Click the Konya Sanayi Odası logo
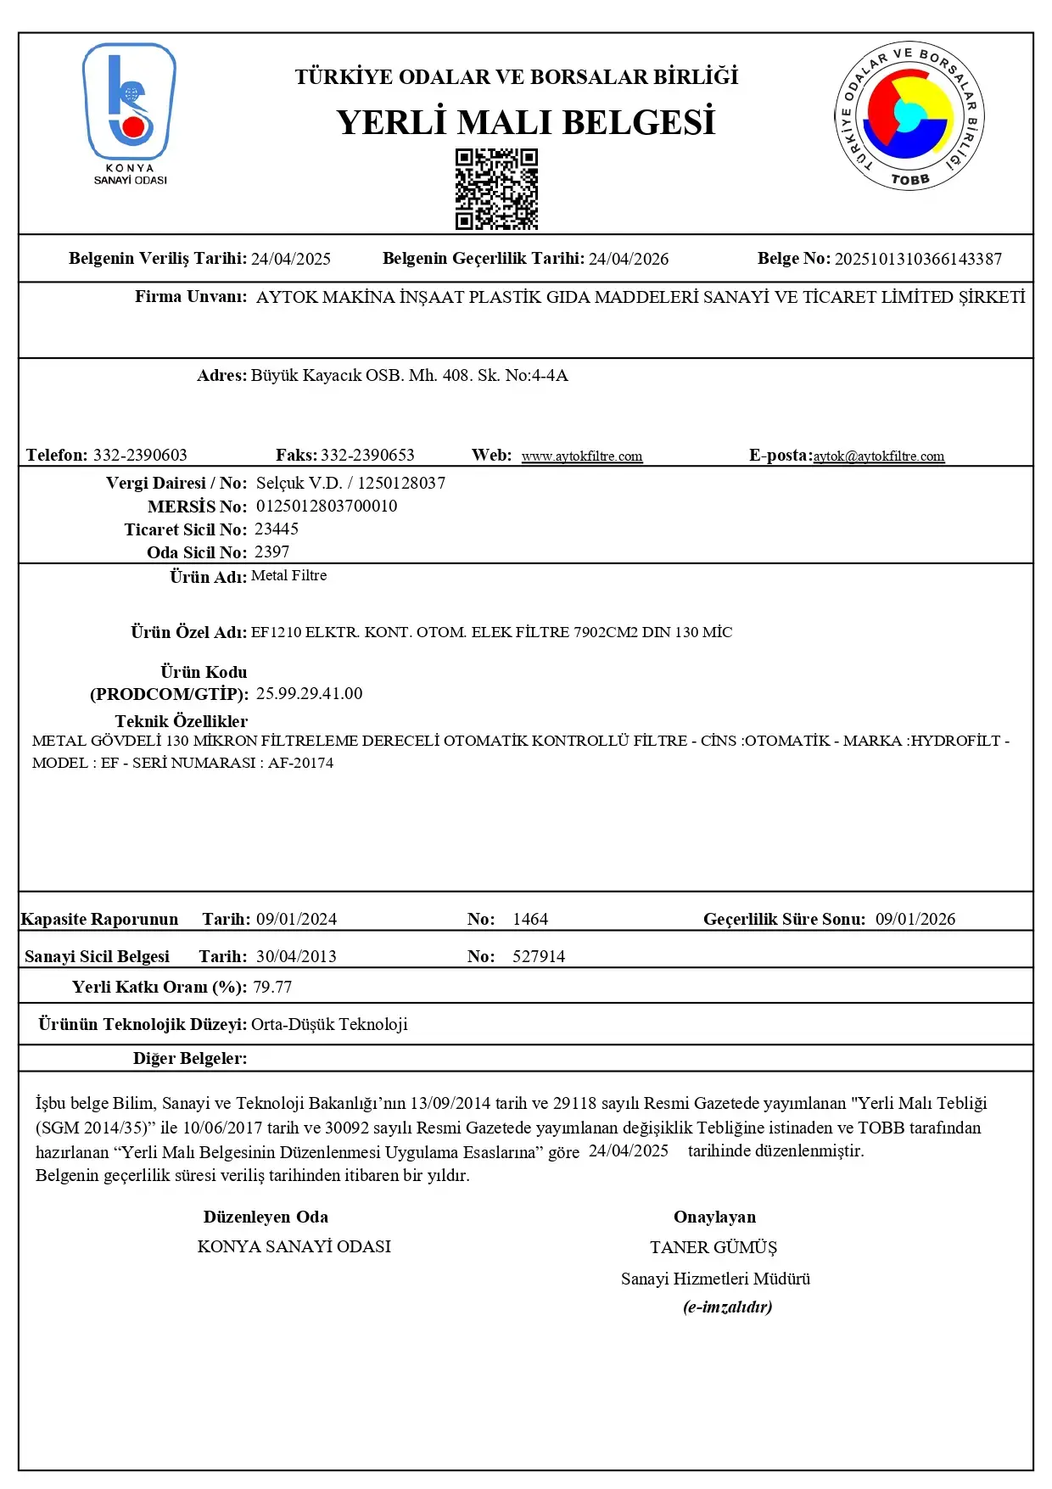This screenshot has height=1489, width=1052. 130,113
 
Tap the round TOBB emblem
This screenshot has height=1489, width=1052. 909,115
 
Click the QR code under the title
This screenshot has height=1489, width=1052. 496,189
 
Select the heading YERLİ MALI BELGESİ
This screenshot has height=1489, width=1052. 525,122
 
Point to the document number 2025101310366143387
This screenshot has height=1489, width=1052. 918,259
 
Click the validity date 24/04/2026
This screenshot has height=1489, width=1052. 629,259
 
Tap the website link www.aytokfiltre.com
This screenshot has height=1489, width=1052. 582,456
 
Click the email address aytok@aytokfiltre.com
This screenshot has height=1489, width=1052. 879,456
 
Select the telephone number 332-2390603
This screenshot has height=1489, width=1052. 140,456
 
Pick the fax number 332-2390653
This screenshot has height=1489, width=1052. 367,456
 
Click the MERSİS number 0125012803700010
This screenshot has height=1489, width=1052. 327,507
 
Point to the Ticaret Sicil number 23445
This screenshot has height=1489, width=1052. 277,529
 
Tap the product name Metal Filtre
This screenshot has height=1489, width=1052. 288,576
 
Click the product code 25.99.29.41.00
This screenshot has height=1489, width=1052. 309,694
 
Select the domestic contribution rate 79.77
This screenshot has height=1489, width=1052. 272,988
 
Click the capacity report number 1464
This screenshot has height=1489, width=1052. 530,920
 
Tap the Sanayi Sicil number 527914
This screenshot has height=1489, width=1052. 539,957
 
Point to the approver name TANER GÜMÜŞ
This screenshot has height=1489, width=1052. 713,1248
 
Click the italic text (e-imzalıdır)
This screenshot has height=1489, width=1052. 728,1307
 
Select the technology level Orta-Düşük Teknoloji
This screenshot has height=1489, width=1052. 329,1025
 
